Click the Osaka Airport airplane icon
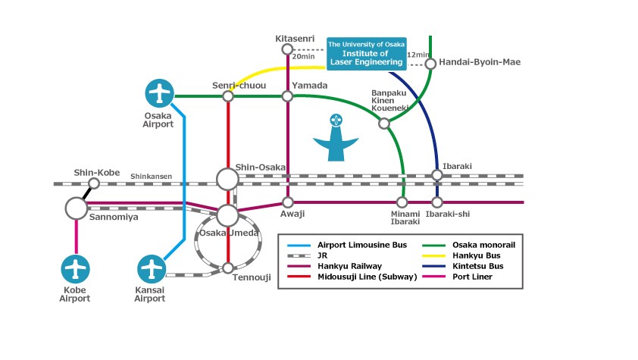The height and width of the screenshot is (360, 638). click(x=159, y=93)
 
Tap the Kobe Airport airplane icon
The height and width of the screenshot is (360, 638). click(x=75, y=269)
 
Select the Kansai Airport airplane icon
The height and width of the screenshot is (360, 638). click(x=152, y=269)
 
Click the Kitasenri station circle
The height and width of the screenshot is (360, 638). click(x=287, y=49)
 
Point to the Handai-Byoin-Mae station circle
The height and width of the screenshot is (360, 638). click(x=430, y=64)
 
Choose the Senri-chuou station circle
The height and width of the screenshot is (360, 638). click(x=228, y=96)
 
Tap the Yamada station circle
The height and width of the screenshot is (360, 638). click(x=287, y=96)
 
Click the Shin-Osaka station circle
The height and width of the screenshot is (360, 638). click(x=227, y=179)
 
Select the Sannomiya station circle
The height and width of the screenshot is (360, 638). click(x=76, y=208)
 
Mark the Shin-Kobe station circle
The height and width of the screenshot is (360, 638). click(x=94, y=183)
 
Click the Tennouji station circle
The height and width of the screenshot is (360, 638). click(x=228, y=268)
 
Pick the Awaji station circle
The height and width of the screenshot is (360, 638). click(x=288, y=202)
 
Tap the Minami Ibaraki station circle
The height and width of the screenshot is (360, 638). click(x=402, y=202)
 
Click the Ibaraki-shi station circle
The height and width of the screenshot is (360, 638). click(x=437, y=202)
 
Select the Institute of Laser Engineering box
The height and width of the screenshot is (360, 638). click(x=367, y=54)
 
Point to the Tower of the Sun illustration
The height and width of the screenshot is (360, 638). click(x=336, y=137)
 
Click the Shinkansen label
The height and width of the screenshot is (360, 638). click(x=151, y=177)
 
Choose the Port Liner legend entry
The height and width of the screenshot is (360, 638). click(x=458, y=277)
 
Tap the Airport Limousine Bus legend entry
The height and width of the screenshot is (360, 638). click(x=347, y=246)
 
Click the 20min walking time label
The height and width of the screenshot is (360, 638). click(x=303, y=57)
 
